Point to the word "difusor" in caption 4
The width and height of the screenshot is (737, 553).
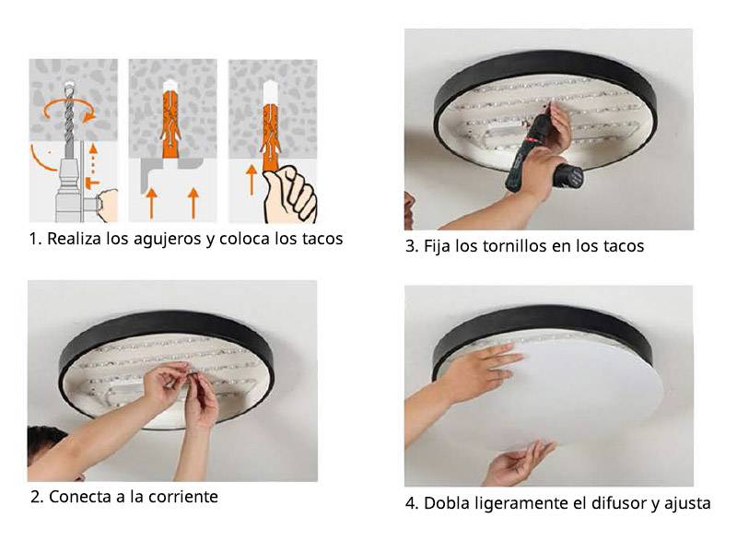coord(616,503)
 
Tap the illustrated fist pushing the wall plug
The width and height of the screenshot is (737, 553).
coord(289,194)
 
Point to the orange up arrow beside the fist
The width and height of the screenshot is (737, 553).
coord(252,180)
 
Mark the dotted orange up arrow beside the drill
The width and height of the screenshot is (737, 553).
coord(93,159)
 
